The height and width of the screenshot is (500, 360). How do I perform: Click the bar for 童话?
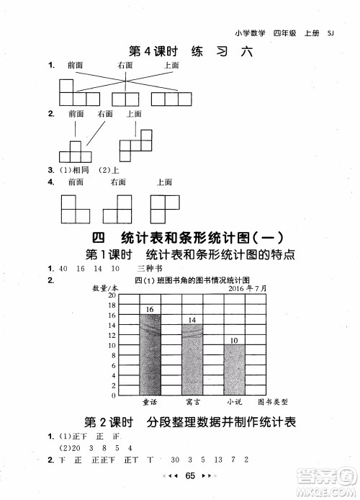pyautogui.click(x=150, y=354)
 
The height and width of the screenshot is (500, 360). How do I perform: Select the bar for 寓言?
pyautogui.click(x=192, y=360)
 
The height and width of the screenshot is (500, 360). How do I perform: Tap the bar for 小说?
pyautogui.click(x=234, y=370)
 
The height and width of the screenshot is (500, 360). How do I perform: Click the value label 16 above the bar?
pyautogui.click(x=150, y=310)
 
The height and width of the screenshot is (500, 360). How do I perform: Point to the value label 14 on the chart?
pyautogui.click(x=192, y=320)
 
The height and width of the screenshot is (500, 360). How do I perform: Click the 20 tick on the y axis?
pyautogui.click(x=112, y=295)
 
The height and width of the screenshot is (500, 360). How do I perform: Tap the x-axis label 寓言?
pyautogui.click(x=192, y=401)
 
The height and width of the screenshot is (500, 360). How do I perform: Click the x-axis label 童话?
pyautogui.click(x=150, y=401)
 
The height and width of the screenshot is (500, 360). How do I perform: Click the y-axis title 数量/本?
pyautogui.click(x=106, y=287)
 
